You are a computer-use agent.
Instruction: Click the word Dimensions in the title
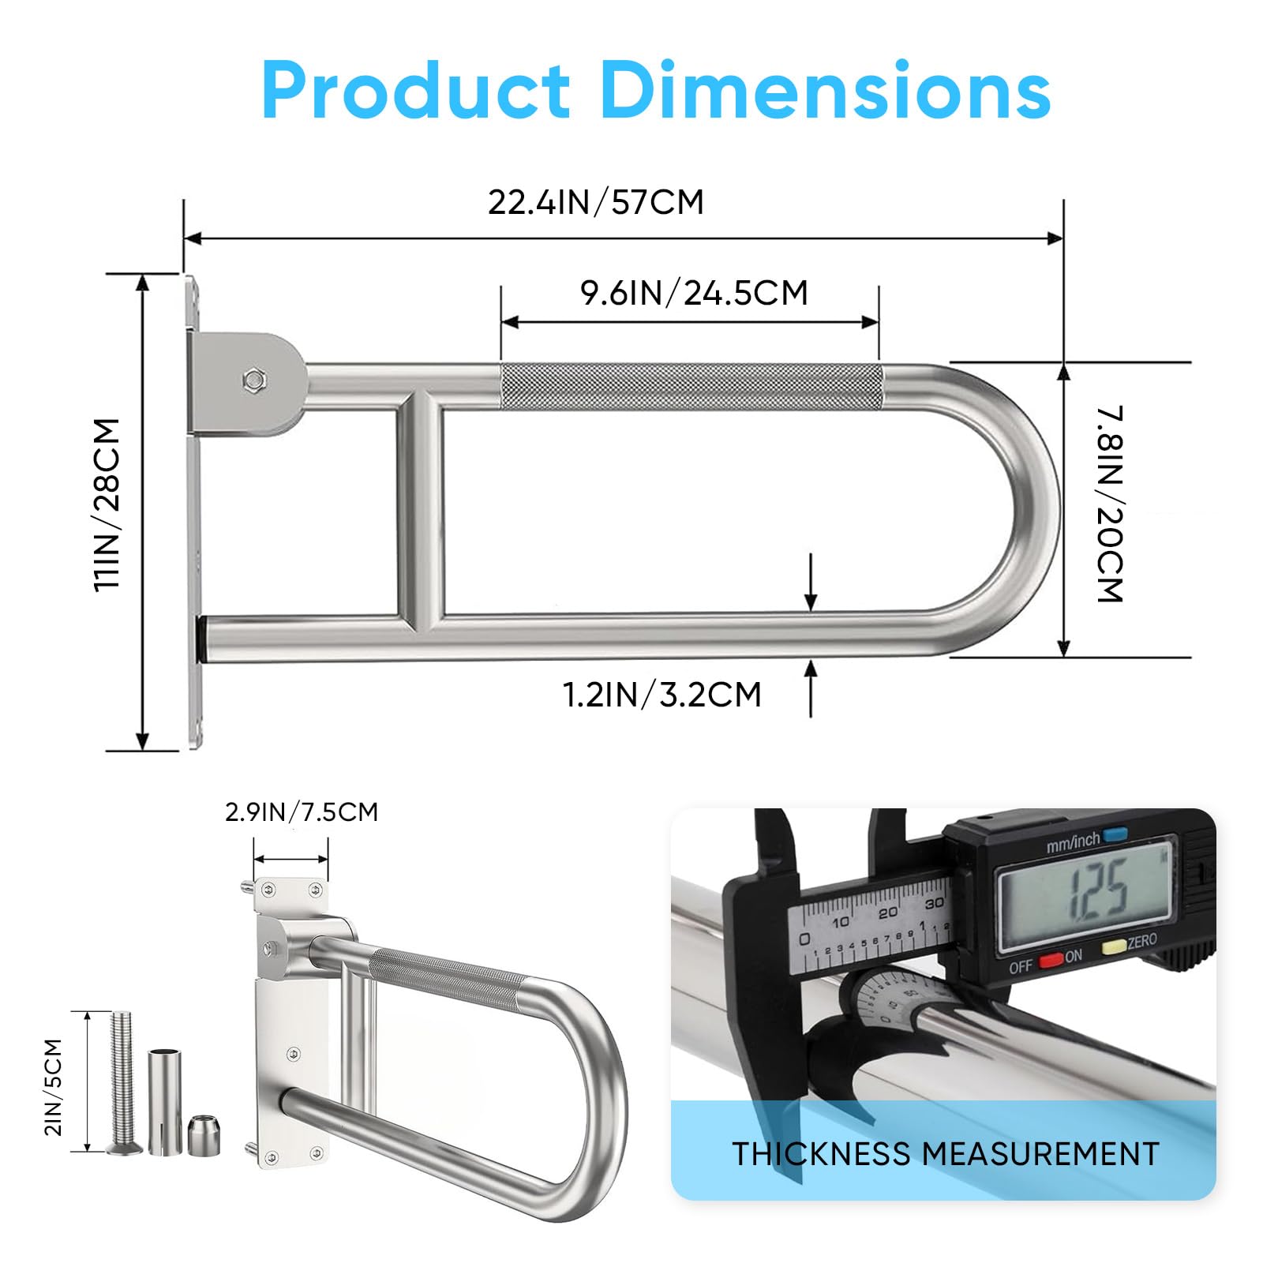coord(826,90)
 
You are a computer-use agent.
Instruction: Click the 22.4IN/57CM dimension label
coord(596,202)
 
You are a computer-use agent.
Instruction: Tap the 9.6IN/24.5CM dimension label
coord(694,293)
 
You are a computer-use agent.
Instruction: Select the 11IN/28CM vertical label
coord(107,504)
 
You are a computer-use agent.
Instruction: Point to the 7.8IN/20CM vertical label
coord(1109,504)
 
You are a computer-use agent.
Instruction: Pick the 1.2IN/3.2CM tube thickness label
coord(661,695)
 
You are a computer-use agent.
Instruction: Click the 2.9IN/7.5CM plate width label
coord(302,811)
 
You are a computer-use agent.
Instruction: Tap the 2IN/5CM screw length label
coord(53,1087)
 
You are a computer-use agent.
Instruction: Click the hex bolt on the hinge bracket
coord(254,380)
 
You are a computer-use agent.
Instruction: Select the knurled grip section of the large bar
coord(691,387)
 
